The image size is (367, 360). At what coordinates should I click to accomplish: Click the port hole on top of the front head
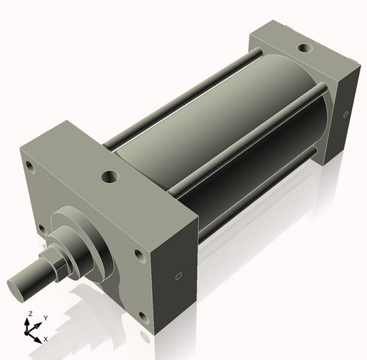click(110, 176)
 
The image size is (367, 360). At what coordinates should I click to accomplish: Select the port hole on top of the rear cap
click(303, 48)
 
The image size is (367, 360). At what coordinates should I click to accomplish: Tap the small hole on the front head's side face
click(178, 277)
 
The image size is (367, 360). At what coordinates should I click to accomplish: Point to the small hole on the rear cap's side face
click(345, 115)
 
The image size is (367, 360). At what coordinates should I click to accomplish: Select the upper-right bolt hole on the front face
click(139, 256)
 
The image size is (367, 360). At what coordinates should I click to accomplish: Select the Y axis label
click(45, 317)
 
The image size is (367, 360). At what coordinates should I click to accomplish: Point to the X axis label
click(46, 339)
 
